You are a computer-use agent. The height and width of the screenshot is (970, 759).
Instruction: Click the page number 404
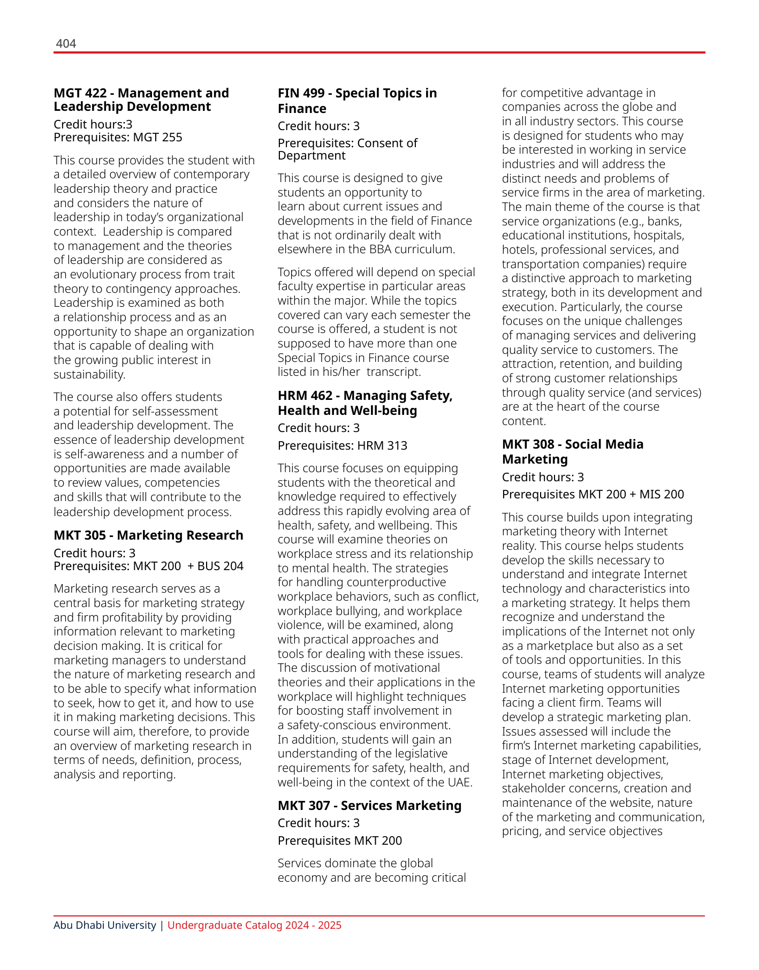(x=66, y=43)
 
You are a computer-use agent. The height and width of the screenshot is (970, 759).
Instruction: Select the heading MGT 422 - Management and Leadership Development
(x=141, y=100)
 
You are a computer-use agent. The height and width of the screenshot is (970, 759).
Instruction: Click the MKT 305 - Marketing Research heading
(x=148, y=535)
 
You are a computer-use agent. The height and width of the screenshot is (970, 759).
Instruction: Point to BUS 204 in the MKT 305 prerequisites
(x=220, y=566)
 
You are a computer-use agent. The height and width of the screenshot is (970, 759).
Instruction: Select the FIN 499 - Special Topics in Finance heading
(x=357, y=101)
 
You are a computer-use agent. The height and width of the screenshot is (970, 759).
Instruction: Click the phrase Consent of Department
(x=347, y=149)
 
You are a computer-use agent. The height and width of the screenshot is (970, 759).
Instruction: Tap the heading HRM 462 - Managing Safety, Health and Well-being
(x=365, y=403)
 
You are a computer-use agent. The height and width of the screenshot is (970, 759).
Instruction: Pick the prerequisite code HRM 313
(x=382, y=445)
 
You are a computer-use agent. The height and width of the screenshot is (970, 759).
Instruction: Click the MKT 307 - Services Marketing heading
(x=369, y=806)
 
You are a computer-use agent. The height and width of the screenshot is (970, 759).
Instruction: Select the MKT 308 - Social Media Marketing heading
(x=572, y=452)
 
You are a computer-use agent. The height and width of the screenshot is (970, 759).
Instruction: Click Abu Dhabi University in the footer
(x=104, y=926)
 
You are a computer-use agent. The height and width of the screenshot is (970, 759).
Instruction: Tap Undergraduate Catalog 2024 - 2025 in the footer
(x=254, y=926)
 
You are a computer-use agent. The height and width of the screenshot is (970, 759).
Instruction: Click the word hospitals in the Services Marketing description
(x=660, y=236)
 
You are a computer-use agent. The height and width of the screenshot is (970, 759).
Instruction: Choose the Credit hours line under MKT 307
(x=318, y=823)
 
